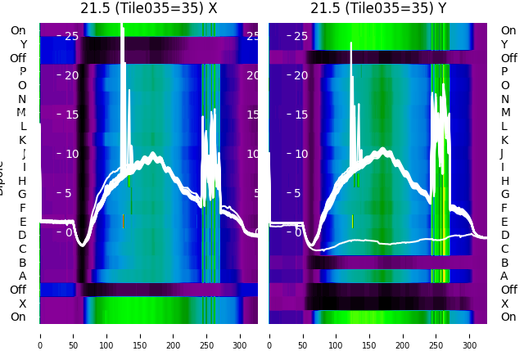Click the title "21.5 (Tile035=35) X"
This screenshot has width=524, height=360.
click(149, 8)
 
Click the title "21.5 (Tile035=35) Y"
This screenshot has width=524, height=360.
click(378, 8)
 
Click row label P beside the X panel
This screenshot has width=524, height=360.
click(22, 72)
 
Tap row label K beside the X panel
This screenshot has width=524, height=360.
click(22, 140)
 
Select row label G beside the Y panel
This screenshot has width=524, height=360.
click(504, 195)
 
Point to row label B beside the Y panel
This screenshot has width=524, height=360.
click(504, 263)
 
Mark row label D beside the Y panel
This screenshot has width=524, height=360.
click(504, 236)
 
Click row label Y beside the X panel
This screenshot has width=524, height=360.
click(22, 45)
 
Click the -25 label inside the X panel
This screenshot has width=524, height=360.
click(67, 36)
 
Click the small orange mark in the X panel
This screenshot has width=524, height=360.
click(123, 221)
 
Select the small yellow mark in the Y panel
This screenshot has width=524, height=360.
click(352, 221)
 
